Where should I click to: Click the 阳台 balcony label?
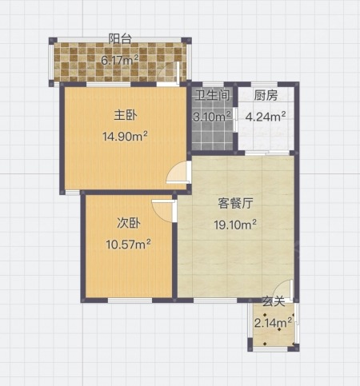pyautogui.click(x=120, y=39)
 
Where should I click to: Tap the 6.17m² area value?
pyautogui.click(x=120, y=60)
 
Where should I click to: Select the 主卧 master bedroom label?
pyautogui.click(x=126, y=116)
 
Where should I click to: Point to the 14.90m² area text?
pyautogui.click(x=125, y=137)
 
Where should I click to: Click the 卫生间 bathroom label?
pyautogui.click(x=212, y=95)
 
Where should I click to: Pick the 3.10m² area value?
pyautogui.click(x=212, y=117)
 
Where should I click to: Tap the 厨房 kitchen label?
pyautogui.click(x=266, y=95)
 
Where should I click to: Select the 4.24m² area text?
pyautogui.click(x=266, y=117)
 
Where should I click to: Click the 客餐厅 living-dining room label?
pyautogui.click(x=235, y=204)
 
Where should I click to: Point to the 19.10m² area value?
pyautogui.click(x=235, y=225)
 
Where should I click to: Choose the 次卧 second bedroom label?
pyautogui.click(x=129, y=223)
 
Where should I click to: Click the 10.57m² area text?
pyautogui.click(x=129, y=244)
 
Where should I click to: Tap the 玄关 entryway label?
pyautogui.click(x=274, y=301)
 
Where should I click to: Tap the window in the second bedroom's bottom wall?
pyautogui.click(x=130, y=300)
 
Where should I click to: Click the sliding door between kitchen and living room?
pyautogui.click(x=267, y=153)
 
